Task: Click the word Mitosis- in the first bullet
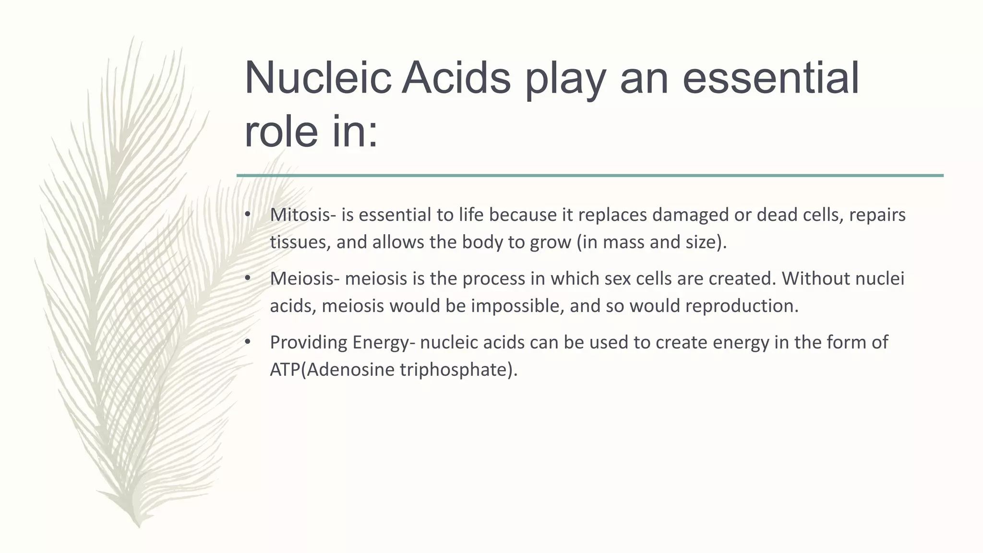click(303, 215)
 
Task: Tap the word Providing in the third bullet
click(309, 343)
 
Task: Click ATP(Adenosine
click(332, 370)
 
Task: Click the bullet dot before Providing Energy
click(248, 342)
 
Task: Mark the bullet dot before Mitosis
click(248, 214)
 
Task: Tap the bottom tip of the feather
click(138, 526)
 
